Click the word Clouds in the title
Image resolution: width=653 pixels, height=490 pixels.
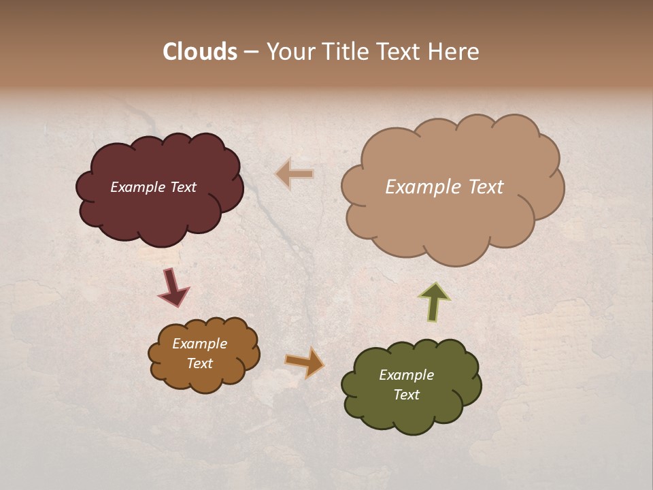pos(200,52)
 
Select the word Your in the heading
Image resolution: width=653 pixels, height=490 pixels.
pos(290,52)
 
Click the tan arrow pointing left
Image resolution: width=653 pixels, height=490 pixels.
pos(295,174)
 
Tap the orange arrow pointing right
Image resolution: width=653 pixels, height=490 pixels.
pos(305,362)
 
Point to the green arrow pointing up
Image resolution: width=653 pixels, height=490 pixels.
pos(434,301)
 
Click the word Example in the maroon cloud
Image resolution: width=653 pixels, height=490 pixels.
pos(138,187)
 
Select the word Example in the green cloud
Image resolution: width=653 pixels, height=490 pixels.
pos(406,375)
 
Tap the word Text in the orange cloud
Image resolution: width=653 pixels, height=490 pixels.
pos(199,363)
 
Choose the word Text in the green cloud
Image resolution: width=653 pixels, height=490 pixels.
pos(406,395)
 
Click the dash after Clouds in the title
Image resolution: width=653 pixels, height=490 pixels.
pos(250,52)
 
